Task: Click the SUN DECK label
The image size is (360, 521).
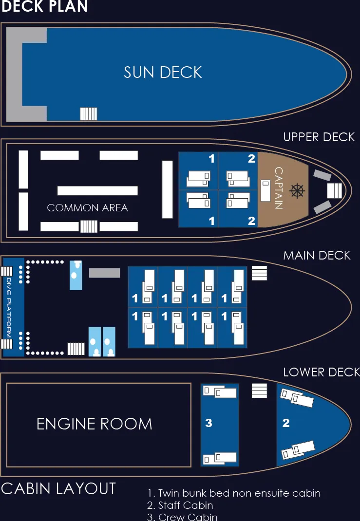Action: click(163, 73)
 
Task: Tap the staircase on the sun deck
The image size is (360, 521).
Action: click(88, 113)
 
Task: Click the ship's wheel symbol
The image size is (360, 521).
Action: click(296, 190)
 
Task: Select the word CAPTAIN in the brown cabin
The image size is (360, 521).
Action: click(279, 188)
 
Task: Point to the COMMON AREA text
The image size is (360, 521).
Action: click(87, 208)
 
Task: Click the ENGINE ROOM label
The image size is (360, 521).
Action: click(95, 424)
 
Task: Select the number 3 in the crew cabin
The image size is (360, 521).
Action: click(208, 423)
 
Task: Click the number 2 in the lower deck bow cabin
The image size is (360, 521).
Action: click(286, 423)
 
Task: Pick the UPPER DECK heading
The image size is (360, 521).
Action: click(319, 137)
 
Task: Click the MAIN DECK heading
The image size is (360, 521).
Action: click(317, 255)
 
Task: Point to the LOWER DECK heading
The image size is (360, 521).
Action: click(321, 372)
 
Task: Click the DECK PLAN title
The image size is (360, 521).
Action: click(44, 6)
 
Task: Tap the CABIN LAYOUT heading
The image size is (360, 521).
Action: click(58, 488)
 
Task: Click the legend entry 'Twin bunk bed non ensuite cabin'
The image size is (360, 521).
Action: click(234, 493)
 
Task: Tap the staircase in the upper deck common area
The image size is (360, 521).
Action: click(89, 226)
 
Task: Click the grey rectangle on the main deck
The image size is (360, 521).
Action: click(104, 273)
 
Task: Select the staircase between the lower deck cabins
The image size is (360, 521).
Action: click(260, 391)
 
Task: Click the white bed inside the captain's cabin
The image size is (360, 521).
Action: click(265, 190)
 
